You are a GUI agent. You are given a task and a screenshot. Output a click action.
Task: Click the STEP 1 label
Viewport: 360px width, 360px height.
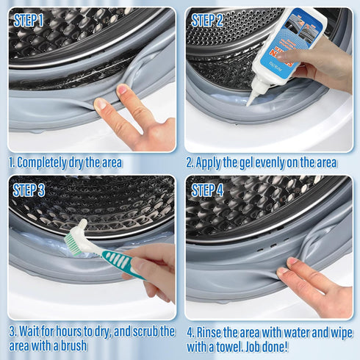tap(29, 21)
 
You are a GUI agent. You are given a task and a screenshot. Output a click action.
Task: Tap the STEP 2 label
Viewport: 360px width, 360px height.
tap(207, 21)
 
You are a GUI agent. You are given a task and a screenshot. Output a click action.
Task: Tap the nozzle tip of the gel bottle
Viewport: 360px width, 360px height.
tap(249, 102)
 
